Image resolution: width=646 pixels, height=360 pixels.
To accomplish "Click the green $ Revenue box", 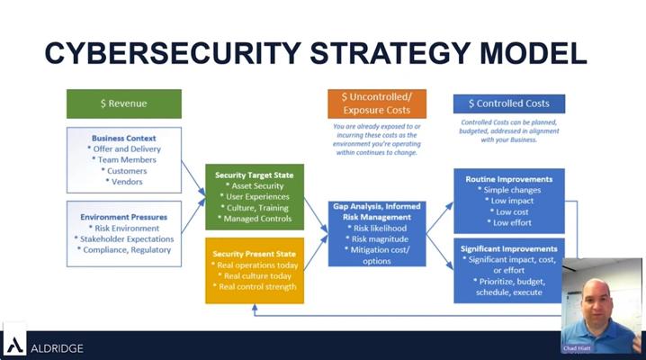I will click(x=123, y=103).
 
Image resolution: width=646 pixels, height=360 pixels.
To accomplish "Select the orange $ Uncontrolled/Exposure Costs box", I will click(x=376, y=103).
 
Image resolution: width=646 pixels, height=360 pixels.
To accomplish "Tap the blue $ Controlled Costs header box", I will click(x=509, y=103).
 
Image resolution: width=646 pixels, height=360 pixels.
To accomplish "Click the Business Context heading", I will click(x=124, y=138).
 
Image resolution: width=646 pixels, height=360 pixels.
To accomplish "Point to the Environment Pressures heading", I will click(x=124, y=217).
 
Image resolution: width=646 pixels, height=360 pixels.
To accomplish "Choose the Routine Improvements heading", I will click(x=508, y=179).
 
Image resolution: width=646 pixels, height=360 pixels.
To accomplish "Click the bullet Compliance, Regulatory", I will click(x=125, y=251).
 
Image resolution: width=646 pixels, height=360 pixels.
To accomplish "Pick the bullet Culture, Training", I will click(x=255, y=208).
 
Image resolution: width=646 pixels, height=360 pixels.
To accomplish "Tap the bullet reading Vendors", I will click(x=124, y=181).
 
